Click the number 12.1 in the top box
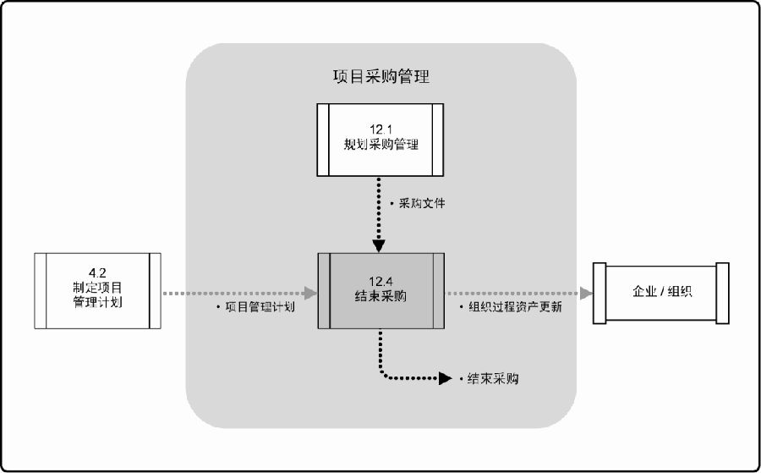(x=381, y=129)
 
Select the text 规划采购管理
(x=381, y=145)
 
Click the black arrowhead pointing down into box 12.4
(x=380, y=246)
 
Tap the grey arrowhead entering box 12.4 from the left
(x=311, y=293)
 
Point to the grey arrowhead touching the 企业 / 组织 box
(x=586, y=293)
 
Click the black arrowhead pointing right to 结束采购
(x=446, y=378)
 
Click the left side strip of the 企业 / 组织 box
(x=599, y=291)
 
